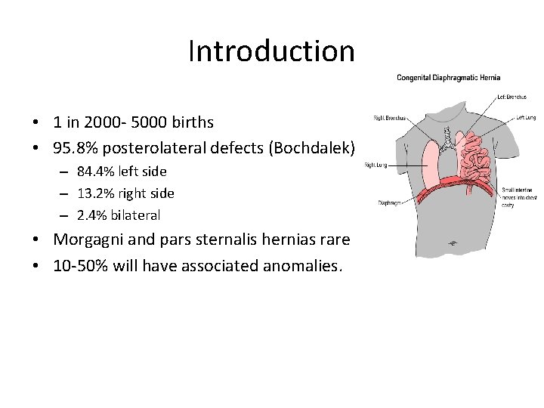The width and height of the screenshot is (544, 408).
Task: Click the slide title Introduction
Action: coord(271,51)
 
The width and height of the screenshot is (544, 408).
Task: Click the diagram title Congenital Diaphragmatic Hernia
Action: coord(449,78)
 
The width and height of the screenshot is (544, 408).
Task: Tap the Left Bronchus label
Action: coord(512,96)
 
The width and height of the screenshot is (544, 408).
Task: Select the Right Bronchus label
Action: coord(390,118)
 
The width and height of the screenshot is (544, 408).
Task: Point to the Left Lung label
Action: coord(526,118)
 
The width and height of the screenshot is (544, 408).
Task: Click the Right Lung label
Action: coord(376,165)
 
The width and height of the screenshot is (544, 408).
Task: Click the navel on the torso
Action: coord(453,243)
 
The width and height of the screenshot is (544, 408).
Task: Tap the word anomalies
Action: coord(304,265)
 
